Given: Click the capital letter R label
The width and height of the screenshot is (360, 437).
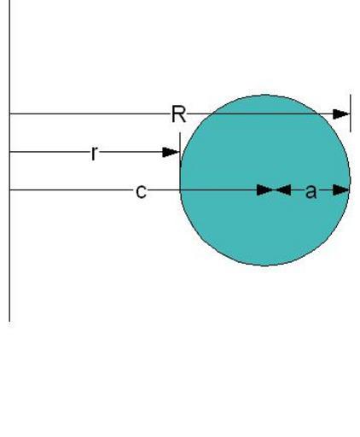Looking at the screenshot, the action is (x=179, y=114).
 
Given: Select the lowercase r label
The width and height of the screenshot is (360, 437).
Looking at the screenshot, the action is (x=95, y=153).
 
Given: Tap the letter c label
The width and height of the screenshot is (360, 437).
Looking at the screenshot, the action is (x=142, y=191).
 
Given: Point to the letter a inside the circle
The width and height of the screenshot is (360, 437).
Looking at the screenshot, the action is (x=311, y=191).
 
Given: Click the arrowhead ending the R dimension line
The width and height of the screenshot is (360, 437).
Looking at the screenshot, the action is (x=341, y=114).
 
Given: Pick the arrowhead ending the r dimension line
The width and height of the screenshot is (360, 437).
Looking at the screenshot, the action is (x=171, y=152).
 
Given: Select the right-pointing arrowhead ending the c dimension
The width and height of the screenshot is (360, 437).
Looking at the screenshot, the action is (x=265, y=190).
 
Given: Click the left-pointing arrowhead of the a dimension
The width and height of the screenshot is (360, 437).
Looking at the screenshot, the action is (x=282, y=190).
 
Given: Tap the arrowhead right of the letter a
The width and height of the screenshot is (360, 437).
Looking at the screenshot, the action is (x=341, y=190).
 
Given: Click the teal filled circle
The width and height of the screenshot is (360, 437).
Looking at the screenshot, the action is (x=265, y=180).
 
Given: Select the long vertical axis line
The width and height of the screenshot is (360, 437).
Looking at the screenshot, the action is (x=10, y=160).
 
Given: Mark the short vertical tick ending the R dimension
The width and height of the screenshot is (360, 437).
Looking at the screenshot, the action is (x=351, y=113).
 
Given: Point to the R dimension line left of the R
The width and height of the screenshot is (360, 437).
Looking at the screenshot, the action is (x=90, y=114).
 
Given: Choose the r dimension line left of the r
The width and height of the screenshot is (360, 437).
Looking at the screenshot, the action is (x=50, y=152).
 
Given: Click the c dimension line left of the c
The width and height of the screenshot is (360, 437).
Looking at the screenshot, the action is (x=73, y=189).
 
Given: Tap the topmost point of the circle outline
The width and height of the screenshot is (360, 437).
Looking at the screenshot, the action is (x=265, y=95).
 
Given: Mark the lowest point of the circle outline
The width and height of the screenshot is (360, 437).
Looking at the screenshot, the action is (x=265, y=265).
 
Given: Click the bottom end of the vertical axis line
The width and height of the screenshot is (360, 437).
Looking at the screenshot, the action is (x=10, y=322).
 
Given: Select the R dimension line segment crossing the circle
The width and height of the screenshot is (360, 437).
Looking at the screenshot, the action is (x=265, y=114).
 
